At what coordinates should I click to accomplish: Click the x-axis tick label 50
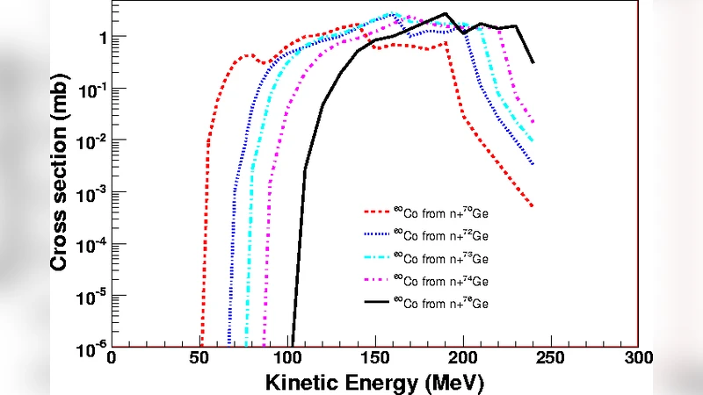[x=199, y=360]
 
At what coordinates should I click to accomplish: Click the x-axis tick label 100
[x=286, y=360]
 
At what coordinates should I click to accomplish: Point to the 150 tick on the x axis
[x=374, y=360]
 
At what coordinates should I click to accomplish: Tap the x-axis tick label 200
[x=462, y=360]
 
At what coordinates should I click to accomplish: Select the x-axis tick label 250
[x=550, y=360]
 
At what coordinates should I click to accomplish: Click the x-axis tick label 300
[x=638, y=360]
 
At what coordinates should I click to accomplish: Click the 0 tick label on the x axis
[x=111, y=360]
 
